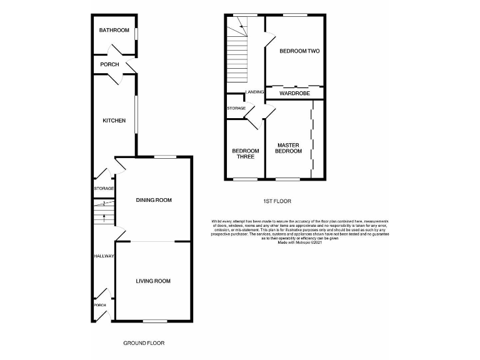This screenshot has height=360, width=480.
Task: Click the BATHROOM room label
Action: [114, 31]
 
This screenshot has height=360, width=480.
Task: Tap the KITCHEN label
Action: [114, 121]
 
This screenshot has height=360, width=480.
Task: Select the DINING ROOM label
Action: [154, 200]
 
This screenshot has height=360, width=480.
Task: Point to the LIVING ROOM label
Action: [153, 281]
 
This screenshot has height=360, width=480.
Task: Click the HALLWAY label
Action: [103, 256]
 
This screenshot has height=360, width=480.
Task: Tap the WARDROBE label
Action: [295, 93]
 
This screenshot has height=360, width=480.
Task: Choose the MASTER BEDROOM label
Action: [289, 148]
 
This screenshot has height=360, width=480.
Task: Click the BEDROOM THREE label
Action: [244, 153]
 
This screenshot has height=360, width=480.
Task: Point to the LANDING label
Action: [255, 92]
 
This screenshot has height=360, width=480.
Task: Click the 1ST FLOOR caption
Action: [277, 201]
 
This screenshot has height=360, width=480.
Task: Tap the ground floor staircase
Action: [104, 214]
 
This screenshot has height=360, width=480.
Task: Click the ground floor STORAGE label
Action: [104, 188]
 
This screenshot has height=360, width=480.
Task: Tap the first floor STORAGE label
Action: [236, 108]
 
